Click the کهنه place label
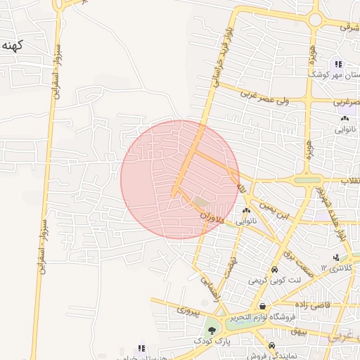pos(13,46)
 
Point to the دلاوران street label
pos(211,215)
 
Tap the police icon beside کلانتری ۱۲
pos(335,258)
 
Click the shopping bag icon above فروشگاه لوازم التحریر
pos(262,306)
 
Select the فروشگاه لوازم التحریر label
pos(264,317)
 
